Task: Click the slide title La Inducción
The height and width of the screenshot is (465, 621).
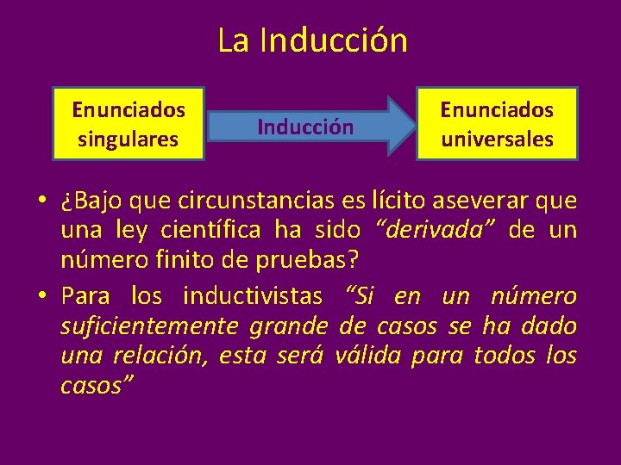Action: coord(311,40)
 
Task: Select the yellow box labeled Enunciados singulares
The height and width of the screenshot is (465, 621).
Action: coord(129,123)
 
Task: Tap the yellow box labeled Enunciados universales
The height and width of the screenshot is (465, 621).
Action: coord(497,123)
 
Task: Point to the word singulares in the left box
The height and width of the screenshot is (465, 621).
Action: coord(129,139)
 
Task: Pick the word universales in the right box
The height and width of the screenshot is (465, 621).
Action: coord(497,139)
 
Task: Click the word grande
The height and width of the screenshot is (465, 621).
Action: coord(288,326)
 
